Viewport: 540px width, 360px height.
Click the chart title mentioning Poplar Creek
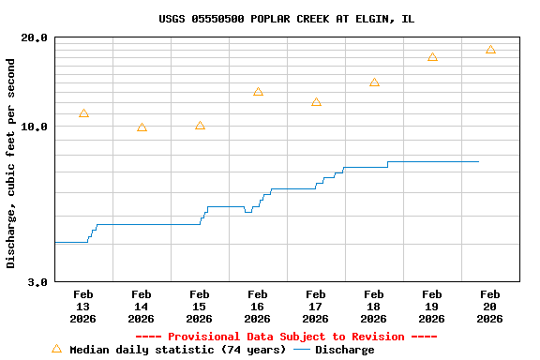coord(286,19)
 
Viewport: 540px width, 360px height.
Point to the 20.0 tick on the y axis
coord(35,37)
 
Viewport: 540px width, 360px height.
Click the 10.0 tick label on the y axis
coord(35,127)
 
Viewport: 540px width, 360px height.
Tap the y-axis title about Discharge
coord(11,163)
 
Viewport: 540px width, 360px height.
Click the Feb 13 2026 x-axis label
coord(82,307)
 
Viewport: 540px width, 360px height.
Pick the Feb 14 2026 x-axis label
coord(141,307)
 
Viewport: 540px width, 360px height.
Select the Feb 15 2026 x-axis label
coord(199,307)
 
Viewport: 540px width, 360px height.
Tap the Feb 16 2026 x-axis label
coord(257,307)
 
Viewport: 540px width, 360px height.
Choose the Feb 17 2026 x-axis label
coord(315,307)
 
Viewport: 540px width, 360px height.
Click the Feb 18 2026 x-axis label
coord(373,307)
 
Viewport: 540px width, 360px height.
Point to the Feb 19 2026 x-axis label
coord(431,307)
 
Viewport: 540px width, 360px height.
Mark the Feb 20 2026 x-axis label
coord(489,307)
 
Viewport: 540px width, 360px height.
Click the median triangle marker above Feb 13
coord(83,113)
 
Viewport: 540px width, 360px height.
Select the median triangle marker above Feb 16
coord(258,92)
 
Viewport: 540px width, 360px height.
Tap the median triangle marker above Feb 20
coord(490,50)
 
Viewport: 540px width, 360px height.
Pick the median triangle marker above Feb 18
coord(374,82)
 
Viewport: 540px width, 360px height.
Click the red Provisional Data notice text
coord(286,337)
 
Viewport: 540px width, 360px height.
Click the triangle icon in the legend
coord(56,349)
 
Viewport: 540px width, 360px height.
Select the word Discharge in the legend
coord(344,350)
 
